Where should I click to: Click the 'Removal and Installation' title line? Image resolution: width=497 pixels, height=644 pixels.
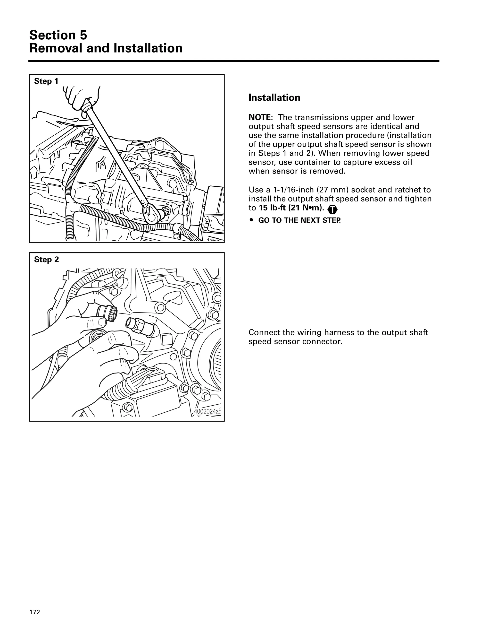[x=106, y=48]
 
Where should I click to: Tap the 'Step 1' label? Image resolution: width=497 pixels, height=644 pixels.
[x=46, y=81]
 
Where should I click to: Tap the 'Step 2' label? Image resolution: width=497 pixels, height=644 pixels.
[x=46, y=260]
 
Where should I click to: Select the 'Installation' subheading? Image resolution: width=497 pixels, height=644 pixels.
[x=274, y=98]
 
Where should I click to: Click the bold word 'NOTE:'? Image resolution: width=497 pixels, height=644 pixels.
[x=261, y=117]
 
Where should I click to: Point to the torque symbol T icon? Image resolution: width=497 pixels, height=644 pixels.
[x=332, y=210]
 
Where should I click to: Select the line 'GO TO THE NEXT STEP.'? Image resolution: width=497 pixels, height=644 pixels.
[x=299, y=220]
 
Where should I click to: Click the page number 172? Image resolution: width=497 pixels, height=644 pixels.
[x=34, y=612]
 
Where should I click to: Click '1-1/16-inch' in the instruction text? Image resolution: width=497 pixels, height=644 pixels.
[x=293, y=190]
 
